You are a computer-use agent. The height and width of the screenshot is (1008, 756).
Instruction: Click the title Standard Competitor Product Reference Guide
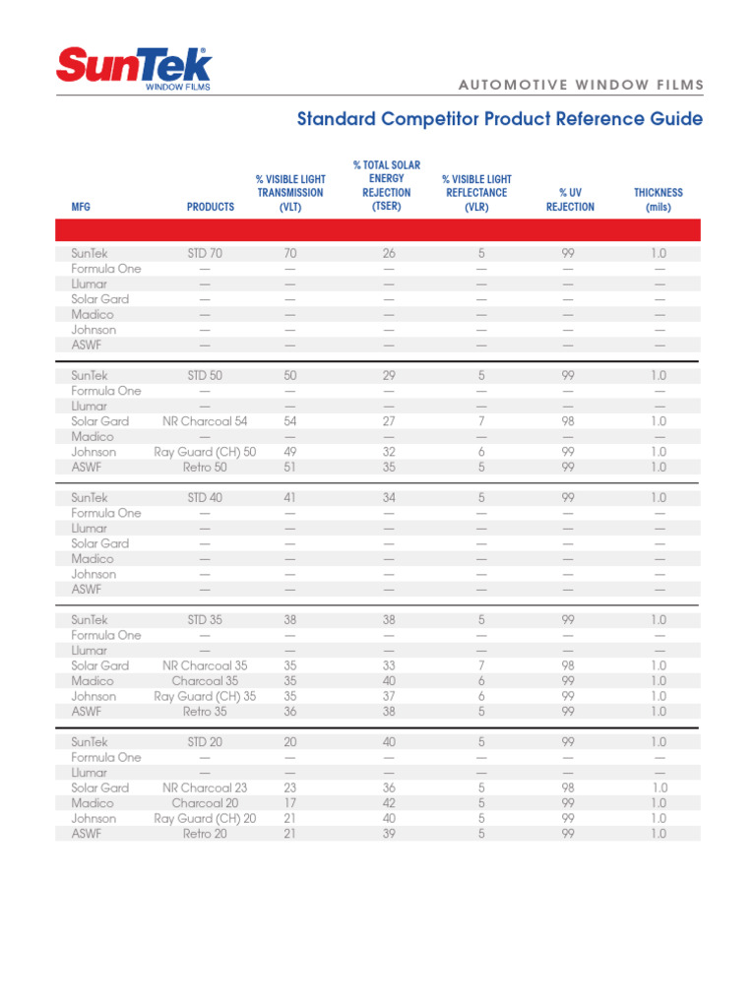[x=500, y=119]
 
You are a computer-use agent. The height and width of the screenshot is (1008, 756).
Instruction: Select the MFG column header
[x=81, y=208]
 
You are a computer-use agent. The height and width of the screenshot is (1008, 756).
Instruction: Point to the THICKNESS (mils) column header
[x=658, y=200]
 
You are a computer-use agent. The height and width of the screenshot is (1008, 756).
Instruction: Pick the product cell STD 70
[x=205, y=254]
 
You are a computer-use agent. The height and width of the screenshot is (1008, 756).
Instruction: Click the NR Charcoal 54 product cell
[x=205, y=421]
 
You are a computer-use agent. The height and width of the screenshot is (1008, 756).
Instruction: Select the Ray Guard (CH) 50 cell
[x=205, y=452]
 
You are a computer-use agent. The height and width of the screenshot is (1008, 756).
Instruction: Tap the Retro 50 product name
[x=205, y=468]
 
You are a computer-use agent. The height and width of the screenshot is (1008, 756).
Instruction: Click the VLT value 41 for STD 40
[x=290, y=498]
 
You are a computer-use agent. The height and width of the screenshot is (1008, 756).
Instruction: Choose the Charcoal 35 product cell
[x=205, y=680]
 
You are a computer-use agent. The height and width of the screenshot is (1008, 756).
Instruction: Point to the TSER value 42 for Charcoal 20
[x=389, y=802]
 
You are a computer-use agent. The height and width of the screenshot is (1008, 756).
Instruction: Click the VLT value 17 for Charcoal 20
[x=290, y=802]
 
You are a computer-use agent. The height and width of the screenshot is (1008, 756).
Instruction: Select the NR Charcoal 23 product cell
[x=205, y=787]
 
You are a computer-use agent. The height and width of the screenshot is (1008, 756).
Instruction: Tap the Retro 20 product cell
[x=205, y=833]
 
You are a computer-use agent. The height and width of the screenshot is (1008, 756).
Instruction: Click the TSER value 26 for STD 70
[x=389, y=254]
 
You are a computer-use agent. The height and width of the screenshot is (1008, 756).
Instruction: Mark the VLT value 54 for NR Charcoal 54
[x=290, y=421]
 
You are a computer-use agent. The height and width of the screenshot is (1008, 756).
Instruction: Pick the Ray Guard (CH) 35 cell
[x=205, y=696]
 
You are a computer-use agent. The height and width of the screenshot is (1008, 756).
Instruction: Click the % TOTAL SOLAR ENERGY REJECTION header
[x=386, y=185]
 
